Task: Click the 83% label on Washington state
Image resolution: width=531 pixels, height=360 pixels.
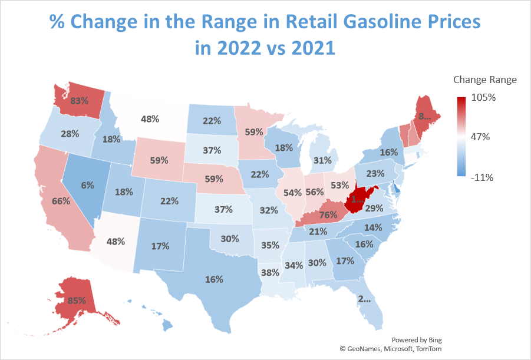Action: click(79, 100)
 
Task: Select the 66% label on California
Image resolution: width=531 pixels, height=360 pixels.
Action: click(61, 201)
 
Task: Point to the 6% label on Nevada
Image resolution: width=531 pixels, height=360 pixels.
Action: click(87, 184)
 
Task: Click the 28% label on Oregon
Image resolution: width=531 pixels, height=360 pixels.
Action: click(70, 134)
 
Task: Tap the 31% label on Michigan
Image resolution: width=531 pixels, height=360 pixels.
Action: click(322, 160)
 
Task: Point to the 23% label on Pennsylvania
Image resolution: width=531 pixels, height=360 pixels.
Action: click(375, 174)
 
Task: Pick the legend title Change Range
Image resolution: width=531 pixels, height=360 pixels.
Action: click(484, 80)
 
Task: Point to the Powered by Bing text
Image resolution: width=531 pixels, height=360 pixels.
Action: click(416, 340)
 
